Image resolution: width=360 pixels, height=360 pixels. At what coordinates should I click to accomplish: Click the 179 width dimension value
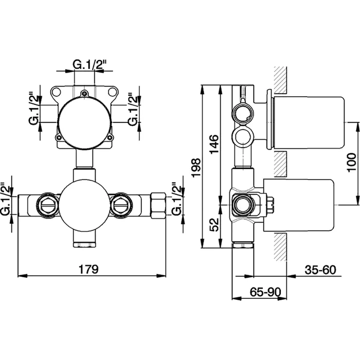tap(88, 269)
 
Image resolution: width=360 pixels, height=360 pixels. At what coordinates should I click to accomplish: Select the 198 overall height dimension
tap(196, 168)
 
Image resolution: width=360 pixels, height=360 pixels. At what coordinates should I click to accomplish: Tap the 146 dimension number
tap(214, 145)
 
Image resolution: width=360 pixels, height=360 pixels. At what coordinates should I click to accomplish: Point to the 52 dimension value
tap(214, 225)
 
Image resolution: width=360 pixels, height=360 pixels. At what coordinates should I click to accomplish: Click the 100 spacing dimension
tap(351, 163)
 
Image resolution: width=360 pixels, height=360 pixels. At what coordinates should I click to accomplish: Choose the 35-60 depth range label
tap(320, 270)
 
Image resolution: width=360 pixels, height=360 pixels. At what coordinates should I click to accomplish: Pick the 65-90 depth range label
tap(265, 292)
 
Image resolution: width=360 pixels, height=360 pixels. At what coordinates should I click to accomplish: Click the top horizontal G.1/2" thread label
tap(88, 64)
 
